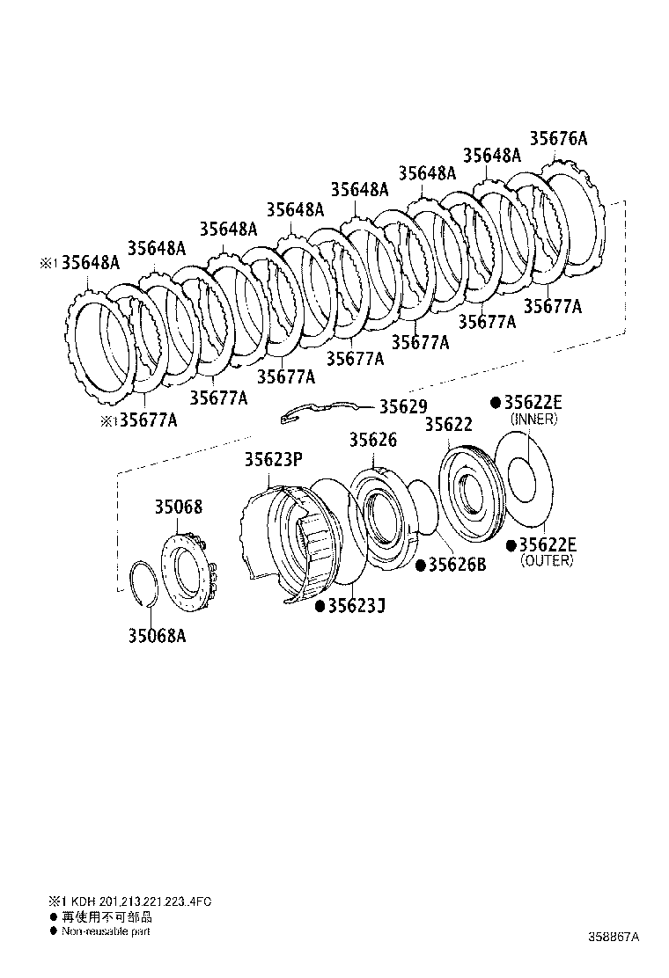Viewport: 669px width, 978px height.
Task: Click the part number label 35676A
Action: tap(558, 138)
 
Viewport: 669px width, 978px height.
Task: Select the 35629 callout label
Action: tap(402, 406)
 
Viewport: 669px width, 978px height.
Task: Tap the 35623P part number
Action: tap(274, 459)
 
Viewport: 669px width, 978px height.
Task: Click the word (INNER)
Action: tap(533, 420)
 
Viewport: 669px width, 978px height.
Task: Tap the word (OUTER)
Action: tap(547, 560)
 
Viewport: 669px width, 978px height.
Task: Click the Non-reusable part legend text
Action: tap(106, 930)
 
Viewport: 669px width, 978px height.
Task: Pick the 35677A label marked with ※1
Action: tap(147, 420)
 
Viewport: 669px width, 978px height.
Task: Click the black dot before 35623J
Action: tap(320, 605)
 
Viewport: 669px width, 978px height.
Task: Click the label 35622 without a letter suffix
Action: tap(449, 424)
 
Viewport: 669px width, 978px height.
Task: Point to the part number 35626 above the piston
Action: tap(372, 440)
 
